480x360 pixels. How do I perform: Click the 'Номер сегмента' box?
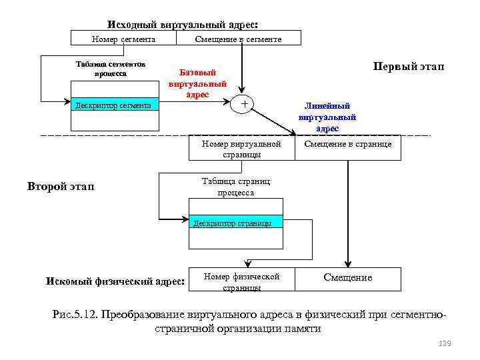[x=123, y=39]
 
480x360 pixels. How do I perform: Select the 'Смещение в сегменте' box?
[x=238, y=39]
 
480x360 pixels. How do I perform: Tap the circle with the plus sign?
[x=244, y=104]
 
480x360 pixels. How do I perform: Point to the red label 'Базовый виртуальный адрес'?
[x=197, y=83]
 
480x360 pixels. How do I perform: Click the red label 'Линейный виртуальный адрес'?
[x=327, y=117]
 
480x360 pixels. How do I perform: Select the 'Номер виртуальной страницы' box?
[x=241, y=149]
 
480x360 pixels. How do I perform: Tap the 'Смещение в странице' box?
[x=348, y=144]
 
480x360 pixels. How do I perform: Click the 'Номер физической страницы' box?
[x=241, y=281]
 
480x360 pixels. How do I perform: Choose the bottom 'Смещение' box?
[x=348, y=277]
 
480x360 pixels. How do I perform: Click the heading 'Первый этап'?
[x=408, y=67]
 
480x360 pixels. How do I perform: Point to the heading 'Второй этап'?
[x=61, y=186]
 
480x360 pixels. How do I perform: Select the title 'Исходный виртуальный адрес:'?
[x=183, y=24]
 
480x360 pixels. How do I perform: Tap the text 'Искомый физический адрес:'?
[x=115, y=281]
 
